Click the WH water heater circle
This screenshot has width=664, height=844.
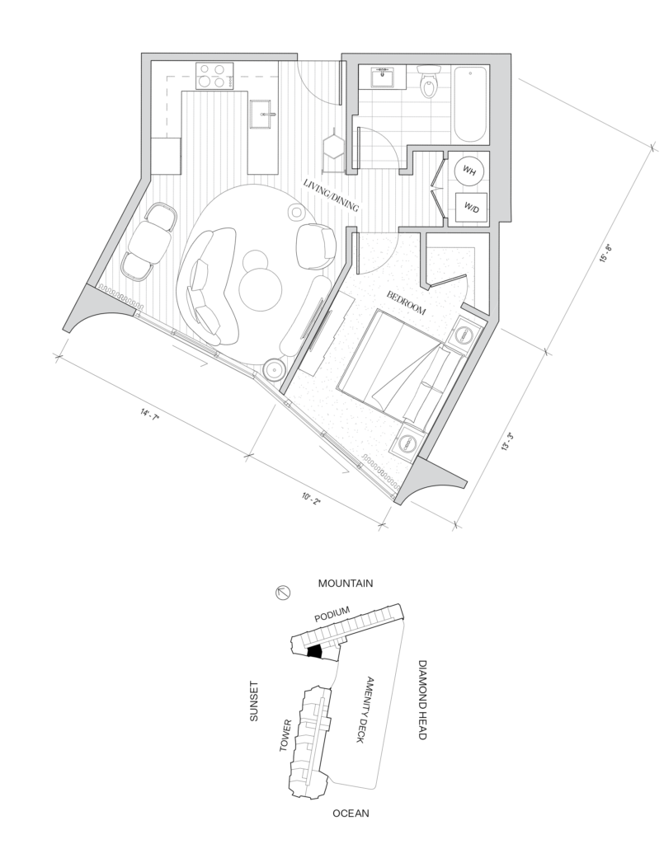click(x=469, y=171)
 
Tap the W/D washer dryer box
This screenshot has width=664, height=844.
click(x=471, y=207)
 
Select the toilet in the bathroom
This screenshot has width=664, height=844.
click(x=429, y=82)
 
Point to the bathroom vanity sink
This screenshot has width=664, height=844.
click(x=384, y=77)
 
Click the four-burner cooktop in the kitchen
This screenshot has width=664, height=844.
click(x=214, y=76)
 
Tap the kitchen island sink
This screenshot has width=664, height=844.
click(x=264, y=114)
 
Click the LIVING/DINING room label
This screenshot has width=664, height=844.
click(x=332, y=195)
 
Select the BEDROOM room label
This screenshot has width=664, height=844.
click(x=406, y=303)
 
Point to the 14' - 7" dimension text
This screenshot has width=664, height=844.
click(x=150, y=415)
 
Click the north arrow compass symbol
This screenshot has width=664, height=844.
click(x=283, y=593)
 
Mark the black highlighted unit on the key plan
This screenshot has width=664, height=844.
click(x=314, y=651)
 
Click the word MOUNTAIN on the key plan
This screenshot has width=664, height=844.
click(x=345, y=583)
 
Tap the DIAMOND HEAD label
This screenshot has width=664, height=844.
click(x=422, y=700)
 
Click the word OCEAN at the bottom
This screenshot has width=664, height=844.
click(x=351, y=813)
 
